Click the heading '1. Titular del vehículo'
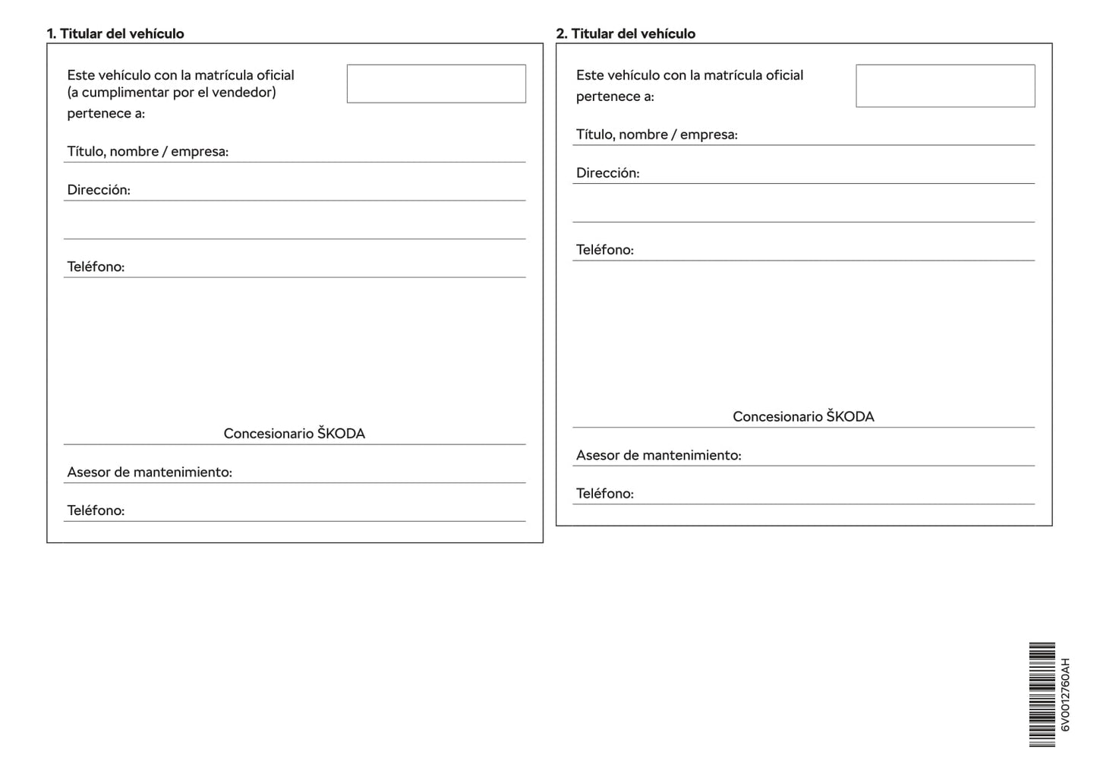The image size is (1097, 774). click(x=115, y=33)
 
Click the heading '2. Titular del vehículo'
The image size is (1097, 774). click(x=626, y=33)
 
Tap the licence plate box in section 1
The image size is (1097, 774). click(x=436, y=84)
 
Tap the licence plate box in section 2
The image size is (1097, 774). click(x=944, y=86)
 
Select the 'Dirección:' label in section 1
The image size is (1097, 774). click(x=99, y=190)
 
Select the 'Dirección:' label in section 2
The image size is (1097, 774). click(x=607, y=173)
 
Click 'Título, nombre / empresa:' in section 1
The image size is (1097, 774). click(x=147, y=151)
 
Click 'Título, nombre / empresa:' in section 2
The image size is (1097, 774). click(x=657, y=134)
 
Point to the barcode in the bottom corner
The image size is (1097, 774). click(x=1042, y=694)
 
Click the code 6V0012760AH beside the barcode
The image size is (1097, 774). click(x=1064, y=694)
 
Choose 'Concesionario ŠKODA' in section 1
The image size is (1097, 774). click(x=294, y=434)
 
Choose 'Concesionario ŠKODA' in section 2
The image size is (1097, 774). click(x=803, y=416)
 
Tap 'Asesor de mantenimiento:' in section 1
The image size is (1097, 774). click(x=150, y=472)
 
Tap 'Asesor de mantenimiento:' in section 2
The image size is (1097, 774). click(x=658, y=455)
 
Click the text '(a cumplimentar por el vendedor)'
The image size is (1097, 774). click(x=172, y=93)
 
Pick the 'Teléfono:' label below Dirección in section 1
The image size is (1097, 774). click(x=96, y=267)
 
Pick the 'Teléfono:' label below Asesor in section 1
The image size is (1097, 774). click(x=96, y=510)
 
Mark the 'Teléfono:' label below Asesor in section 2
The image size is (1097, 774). click(x=604, y=494)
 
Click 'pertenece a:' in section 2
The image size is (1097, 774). click(x=615, y=96)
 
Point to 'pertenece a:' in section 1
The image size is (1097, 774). click(x=106, y=114)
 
